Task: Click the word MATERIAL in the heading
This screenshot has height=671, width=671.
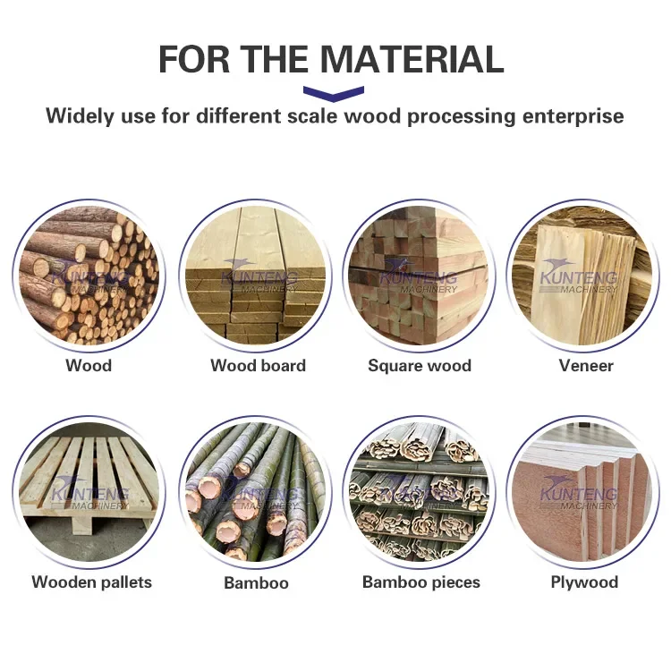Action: tap(412, 59)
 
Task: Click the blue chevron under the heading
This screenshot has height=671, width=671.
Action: tap(334, 92)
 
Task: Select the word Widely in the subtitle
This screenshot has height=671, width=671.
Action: tap(81, 116)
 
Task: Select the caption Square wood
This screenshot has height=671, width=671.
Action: tap(420, 365)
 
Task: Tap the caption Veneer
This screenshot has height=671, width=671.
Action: tap(586, 365)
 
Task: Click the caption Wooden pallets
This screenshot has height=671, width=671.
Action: tap(91, 582)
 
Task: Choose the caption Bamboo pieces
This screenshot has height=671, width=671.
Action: tap(420, 582)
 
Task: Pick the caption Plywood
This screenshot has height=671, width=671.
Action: tap(584, 582)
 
